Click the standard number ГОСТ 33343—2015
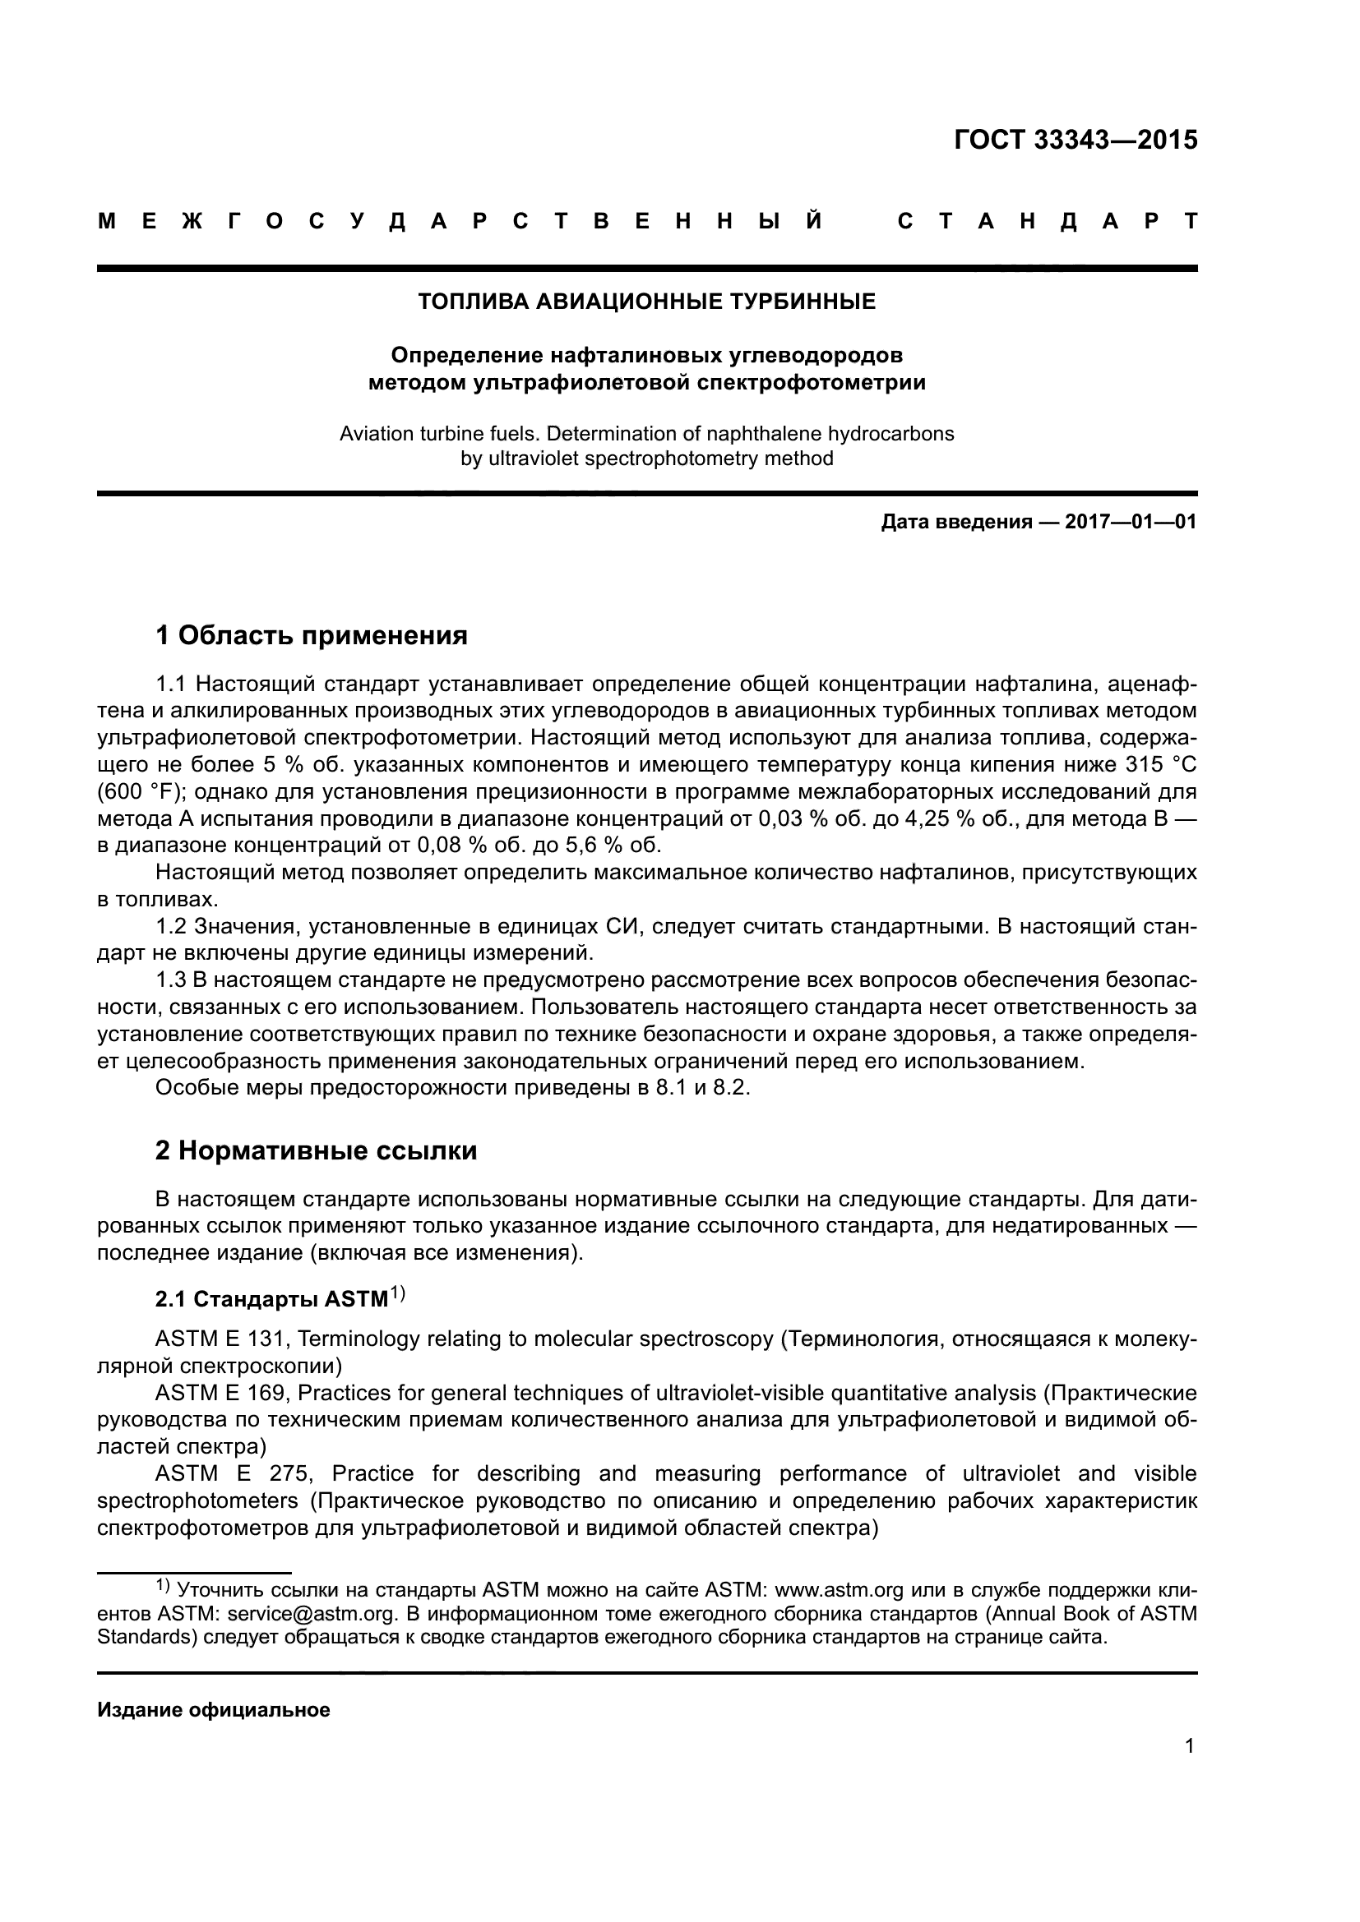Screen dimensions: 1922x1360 pyautogui.click(x=1076, y=140)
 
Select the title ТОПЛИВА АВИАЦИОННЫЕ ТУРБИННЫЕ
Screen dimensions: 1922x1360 pyautogui.click(x=646, y=302)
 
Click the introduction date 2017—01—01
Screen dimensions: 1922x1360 pyautogui.click(x=1130, y=523)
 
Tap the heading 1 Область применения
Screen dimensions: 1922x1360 pyautogui.click(x=312, y=635)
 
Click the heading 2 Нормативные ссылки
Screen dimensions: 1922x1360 pyautogui.click(x=316, y=1150)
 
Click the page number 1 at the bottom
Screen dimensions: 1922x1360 pyautogui.click(x=1189, y=1745)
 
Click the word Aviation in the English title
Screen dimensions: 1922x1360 pyautogui.click(x=372, y=434)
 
